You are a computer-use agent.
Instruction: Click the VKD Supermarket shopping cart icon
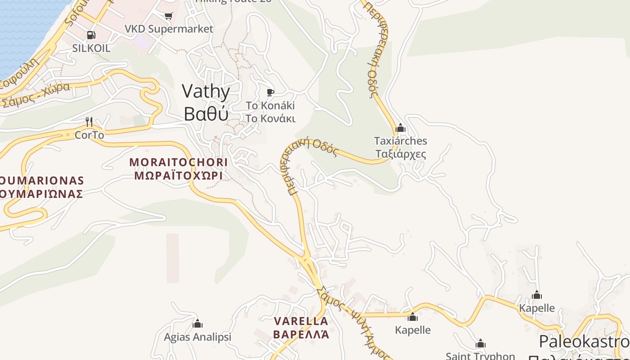(169, 16)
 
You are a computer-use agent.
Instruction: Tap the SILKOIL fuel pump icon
(91, 35)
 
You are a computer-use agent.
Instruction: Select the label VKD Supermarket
(169, 29)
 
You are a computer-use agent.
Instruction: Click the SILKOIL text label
(91, 48)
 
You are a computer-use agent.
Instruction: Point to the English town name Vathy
(206, 91)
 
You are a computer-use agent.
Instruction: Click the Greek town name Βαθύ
(206, 114)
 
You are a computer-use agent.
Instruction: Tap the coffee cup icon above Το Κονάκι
(270, 92)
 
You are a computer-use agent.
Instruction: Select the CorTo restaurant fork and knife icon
(89, 121)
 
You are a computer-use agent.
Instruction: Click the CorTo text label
(89, 135)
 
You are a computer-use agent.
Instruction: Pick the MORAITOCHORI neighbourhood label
(179, 162)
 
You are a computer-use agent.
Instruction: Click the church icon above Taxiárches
(400, 128)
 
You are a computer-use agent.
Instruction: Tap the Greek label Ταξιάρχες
(400, 154)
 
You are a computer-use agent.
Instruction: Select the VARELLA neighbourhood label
(301, 321)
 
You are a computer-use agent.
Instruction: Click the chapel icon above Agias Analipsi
(198, 324)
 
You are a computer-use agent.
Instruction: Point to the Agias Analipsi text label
(198, 337)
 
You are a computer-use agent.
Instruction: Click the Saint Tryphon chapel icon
(481, 344)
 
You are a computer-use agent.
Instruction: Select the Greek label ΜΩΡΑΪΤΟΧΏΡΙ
(179, 175)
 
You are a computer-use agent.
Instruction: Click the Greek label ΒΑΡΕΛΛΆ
(301, 335)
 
